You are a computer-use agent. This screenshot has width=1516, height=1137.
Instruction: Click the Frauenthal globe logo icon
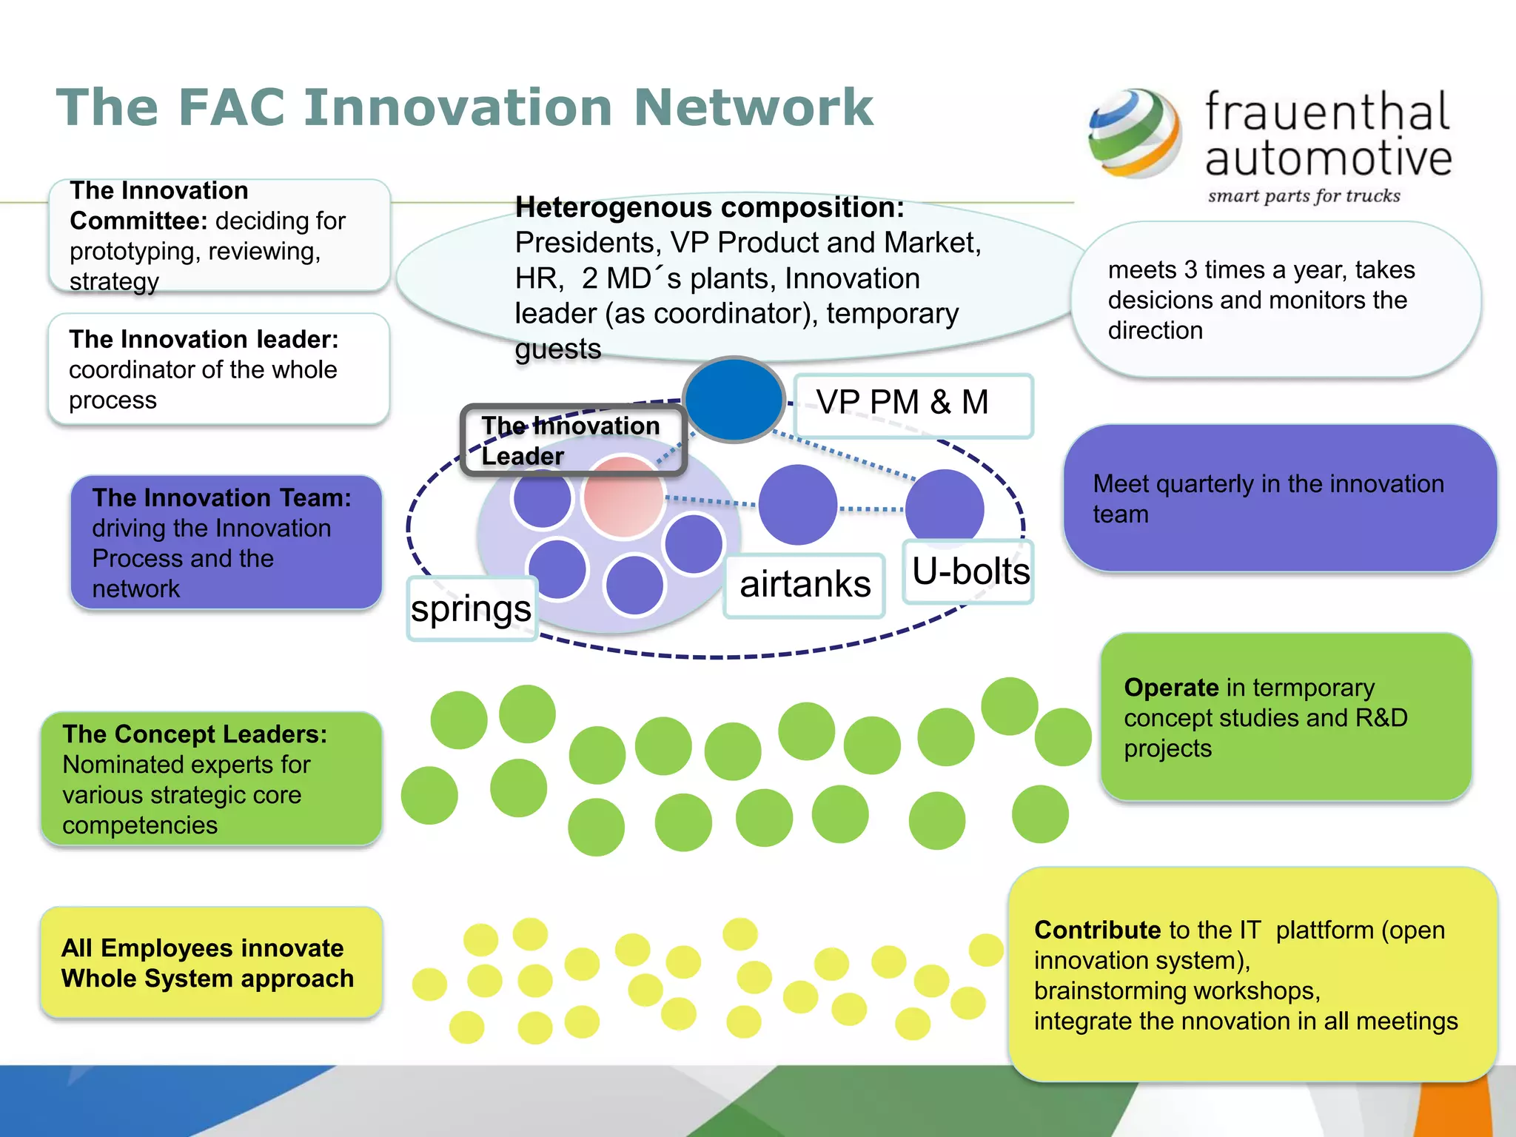click(1134, 133)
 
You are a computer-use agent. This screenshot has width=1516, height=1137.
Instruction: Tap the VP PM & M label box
click(912, 404)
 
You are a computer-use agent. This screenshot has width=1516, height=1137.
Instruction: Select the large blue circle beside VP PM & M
click(733, 400)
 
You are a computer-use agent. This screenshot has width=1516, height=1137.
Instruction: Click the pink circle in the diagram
click(623, 496)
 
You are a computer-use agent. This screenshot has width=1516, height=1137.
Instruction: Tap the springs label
click(471, 608)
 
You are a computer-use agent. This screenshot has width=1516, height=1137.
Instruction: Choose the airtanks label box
click(805, 585)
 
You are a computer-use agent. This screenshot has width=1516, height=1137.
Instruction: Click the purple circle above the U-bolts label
click(945, 506)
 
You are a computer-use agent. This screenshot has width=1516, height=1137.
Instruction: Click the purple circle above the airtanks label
click(797, 505)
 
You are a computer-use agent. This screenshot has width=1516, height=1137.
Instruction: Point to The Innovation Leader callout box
click(571, 440)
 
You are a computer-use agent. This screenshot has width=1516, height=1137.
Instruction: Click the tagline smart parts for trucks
click(1304, 196)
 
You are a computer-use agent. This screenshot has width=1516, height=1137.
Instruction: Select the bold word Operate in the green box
click(1170, 688)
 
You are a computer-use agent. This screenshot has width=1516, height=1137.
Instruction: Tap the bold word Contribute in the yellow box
click(1096, 930)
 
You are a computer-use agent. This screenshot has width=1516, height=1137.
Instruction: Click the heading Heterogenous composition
click(709, 208)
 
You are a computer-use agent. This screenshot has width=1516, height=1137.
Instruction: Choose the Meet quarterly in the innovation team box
click(1279, 498)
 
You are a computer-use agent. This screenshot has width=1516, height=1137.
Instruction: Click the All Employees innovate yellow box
click(211, 962)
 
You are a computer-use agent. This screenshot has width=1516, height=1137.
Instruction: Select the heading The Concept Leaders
click(195, 734)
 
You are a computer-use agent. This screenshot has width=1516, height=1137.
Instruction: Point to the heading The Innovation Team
click(221, 497)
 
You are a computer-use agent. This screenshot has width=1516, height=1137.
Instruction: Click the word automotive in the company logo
click(1328, 158)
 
